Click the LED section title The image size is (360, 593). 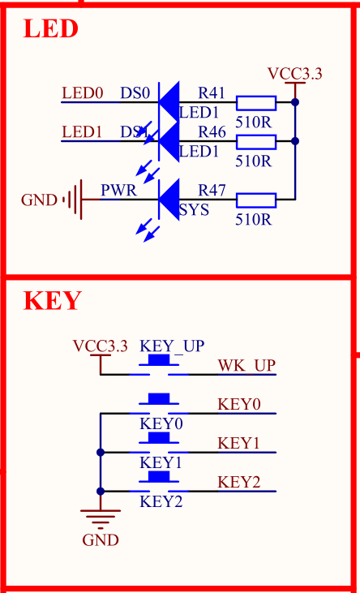[50, 29]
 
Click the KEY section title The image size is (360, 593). [52, 301]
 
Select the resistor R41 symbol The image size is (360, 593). [255, 102]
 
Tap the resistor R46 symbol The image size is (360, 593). [255, 141]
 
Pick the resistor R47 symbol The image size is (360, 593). [255, 200]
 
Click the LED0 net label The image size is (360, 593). [83, 93]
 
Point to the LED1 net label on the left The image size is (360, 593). [83, 131]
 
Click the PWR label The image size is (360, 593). [118, 191]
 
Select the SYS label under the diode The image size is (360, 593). [195, 210]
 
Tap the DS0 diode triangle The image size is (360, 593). [169, 102]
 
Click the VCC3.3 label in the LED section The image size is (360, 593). [295, 74]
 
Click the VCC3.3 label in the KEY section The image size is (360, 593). [101, 346]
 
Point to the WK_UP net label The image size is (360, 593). [246, 365]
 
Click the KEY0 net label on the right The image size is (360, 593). [238, 403]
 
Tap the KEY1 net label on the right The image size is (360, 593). [238, 443]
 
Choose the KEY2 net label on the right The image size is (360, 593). [238, 482]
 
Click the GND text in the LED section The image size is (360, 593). [39, 200]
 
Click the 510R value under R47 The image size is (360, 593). [253, 219]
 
